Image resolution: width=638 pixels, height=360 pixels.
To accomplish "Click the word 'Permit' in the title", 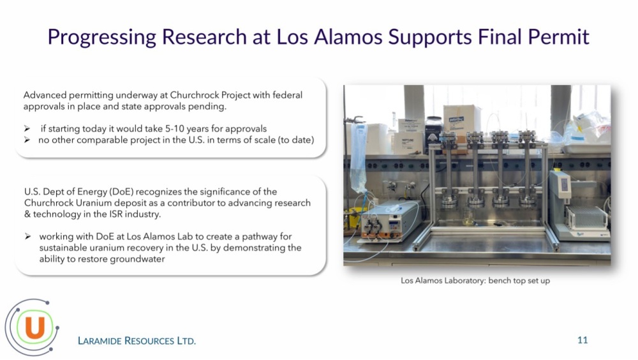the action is (558, 36).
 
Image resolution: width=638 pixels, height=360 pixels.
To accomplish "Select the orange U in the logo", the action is (34, 327).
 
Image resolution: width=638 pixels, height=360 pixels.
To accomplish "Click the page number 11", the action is (582, 340).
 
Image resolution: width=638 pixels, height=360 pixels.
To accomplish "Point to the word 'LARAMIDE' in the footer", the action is (100, 341).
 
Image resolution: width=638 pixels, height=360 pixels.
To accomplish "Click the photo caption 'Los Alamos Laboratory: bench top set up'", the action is (475, 281).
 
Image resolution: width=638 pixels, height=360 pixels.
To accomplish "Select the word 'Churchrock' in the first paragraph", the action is (195, 95).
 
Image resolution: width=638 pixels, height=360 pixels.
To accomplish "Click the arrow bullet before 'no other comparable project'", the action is (27, 140).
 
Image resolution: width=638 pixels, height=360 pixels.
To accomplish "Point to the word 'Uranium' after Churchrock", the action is (95, 203).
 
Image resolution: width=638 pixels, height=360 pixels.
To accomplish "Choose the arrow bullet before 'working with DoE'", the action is (27, 237).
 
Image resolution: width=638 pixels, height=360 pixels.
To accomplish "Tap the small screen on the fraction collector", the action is (565, 184).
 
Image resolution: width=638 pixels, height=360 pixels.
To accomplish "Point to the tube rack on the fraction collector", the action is (588, 217).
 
